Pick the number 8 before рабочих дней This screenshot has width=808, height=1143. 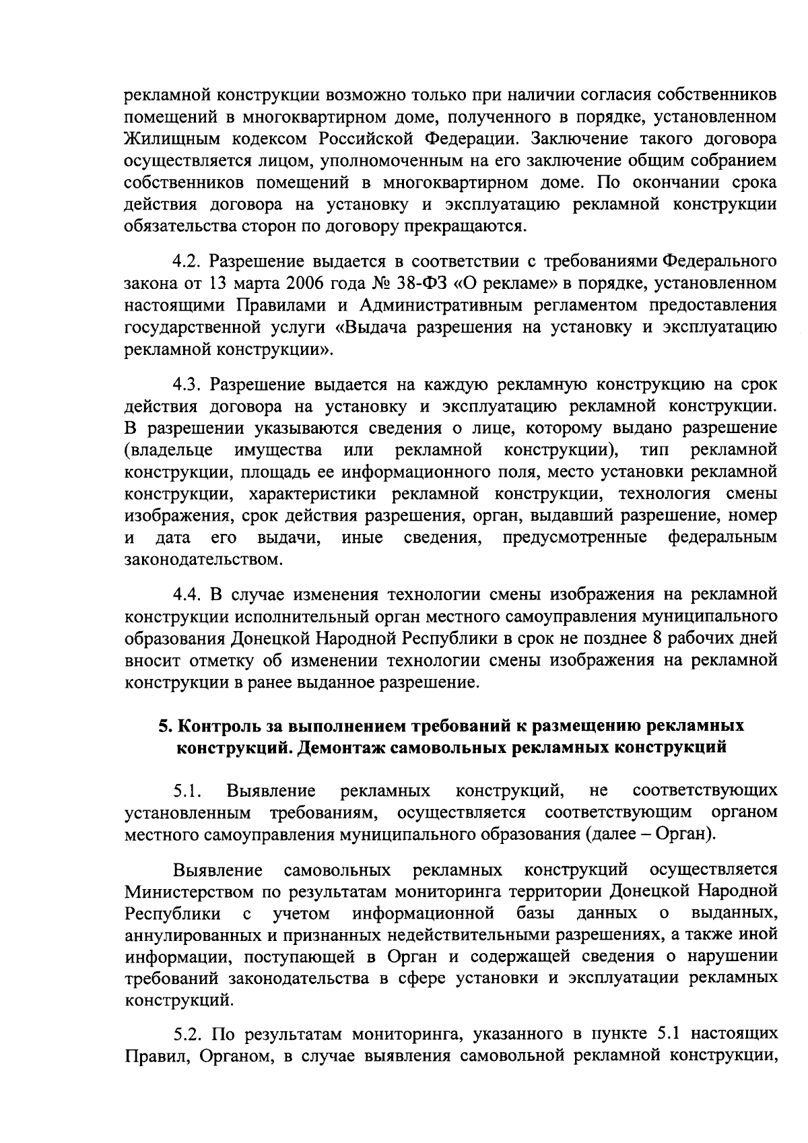coord(658,639)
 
